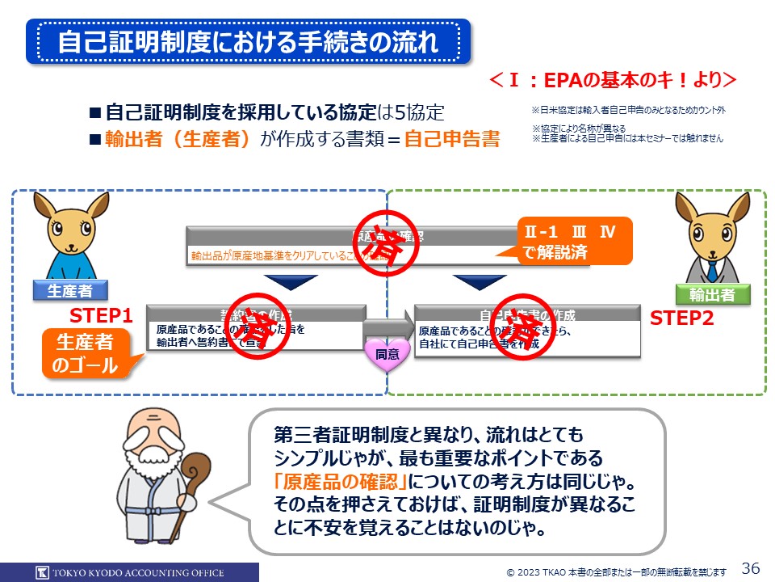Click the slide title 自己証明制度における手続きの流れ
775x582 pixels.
coord(248,42)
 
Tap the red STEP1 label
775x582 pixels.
coord(100,315)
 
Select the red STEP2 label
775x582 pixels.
coord(682,318)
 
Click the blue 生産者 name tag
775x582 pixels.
coord(69,291)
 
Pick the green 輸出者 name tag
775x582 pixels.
coord(712,295)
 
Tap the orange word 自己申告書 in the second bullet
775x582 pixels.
coord(451,138)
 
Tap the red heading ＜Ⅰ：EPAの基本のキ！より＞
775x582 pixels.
coord(613,80)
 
